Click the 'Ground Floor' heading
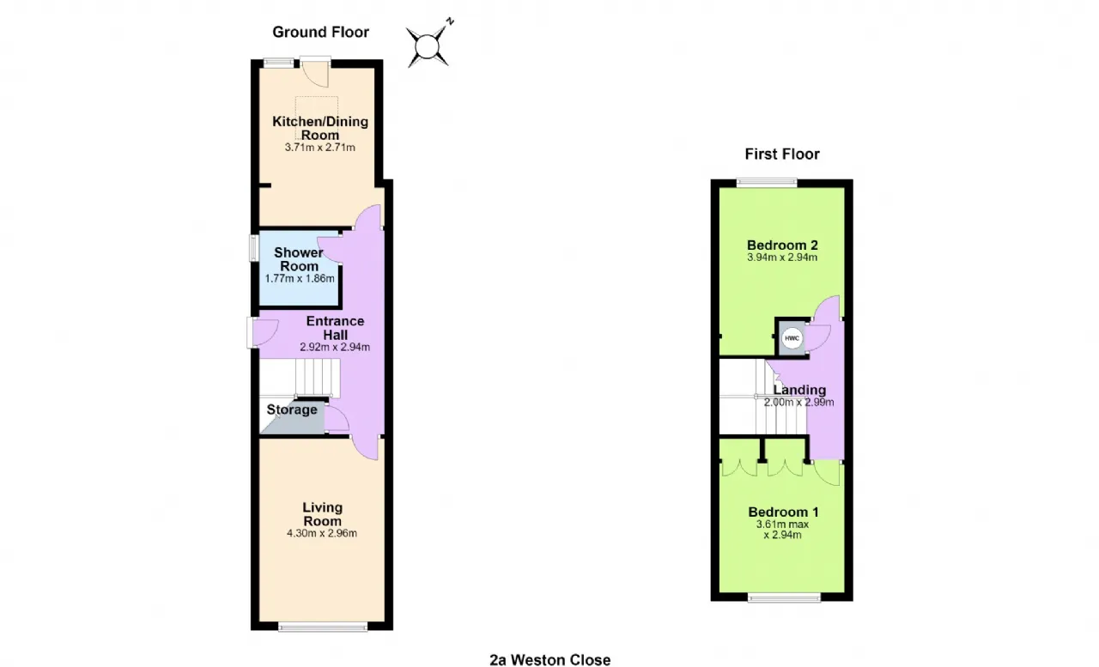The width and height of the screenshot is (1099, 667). [320, 33]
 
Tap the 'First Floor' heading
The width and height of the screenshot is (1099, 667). [782, 154]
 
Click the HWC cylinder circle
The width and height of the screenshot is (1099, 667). [792, 338]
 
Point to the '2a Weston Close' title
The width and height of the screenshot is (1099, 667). [550, 659]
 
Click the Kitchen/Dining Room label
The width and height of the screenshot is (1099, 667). [320, 128]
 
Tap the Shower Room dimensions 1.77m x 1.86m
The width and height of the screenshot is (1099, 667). [300, 279]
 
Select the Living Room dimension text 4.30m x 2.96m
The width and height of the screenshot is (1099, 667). [322, 533]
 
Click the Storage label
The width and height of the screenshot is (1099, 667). [292, 409]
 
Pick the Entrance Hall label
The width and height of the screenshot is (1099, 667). [335, 328]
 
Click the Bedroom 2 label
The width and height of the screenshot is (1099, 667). [782, 245]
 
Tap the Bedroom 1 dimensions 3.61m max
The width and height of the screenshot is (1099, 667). [782, 525]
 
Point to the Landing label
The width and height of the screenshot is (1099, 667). [799, 390]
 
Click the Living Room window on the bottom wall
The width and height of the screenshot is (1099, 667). [322, 627]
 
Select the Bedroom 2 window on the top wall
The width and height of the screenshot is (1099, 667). [767, 183]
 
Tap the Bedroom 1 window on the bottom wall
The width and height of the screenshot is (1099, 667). [784, 597]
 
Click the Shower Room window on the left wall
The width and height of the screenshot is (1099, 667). [253, 248]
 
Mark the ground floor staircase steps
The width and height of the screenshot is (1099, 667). [318, 378]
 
